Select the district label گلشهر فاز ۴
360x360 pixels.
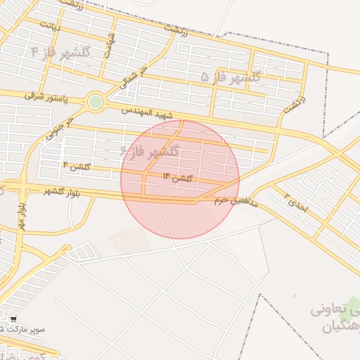coord(61,52)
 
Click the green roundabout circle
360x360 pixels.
coord(96,103)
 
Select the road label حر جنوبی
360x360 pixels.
coord(60,127)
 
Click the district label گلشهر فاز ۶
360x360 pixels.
coord(150,151)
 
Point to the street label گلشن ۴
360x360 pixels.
coord(77,166)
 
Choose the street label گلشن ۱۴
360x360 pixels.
coord(178,177)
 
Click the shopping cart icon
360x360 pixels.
coord(13,319)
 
